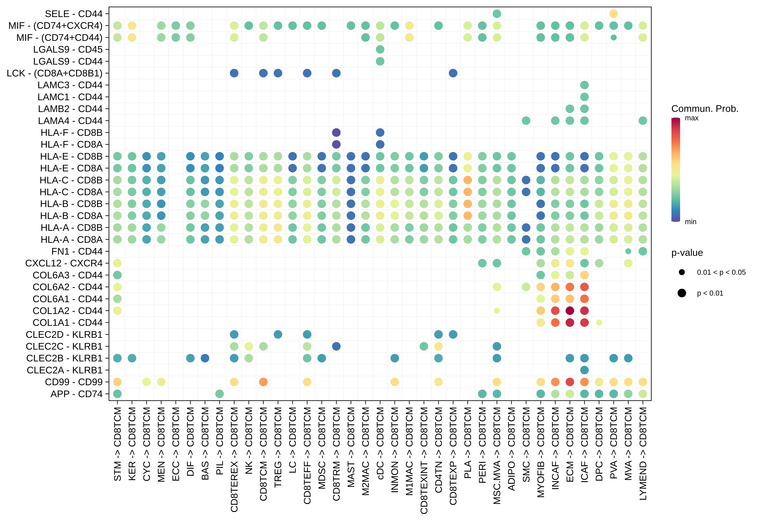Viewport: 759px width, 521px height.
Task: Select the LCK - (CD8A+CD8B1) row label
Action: point(54,73)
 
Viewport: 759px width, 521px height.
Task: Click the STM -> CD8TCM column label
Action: point(118,444)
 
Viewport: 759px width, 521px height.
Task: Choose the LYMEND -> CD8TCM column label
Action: point(643,453)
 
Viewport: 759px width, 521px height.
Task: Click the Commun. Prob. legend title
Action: point(705,109)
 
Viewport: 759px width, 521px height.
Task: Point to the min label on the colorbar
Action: point(690,222)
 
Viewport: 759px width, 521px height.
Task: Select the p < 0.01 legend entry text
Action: point(710,293)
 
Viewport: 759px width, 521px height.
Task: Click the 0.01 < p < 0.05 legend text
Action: point(721,272)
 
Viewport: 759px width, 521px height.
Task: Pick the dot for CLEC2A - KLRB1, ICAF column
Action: point(584,370)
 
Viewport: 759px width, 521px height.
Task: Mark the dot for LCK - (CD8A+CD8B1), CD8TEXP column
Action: point(453,73)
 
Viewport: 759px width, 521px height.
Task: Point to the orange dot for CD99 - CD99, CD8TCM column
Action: point(263,382)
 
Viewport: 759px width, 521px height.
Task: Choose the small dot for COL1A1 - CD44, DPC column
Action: point(599,323)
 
